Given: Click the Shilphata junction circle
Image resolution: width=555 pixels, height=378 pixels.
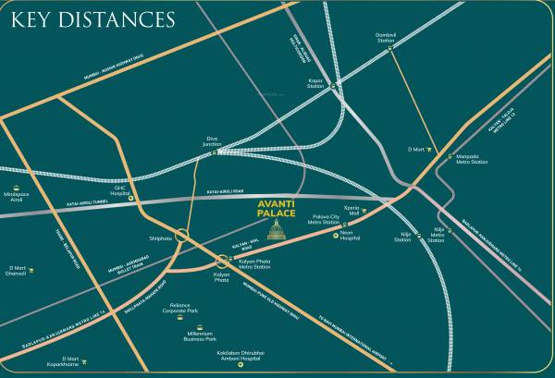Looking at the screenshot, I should (183, 235).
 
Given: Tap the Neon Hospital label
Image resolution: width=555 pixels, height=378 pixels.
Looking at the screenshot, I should (348, 237).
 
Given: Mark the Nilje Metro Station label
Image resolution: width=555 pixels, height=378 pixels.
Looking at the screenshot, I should (436, 238).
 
